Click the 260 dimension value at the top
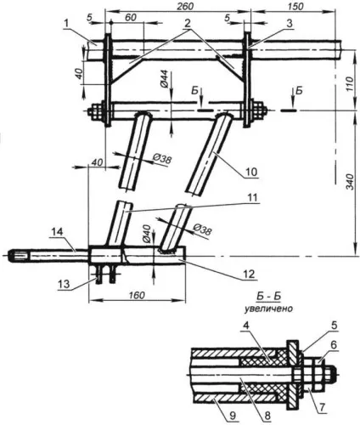[185, 7]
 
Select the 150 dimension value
[296, 7]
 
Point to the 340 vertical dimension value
[350, 182]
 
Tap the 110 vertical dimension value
[350, 83]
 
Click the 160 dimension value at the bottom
[137, 295]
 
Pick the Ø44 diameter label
[166, 78]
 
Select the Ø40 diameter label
[147, 234]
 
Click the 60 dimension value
[131, 17]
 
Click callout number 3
[289, 23]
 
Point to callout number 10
[251, 172]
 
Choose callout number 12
[250, 274]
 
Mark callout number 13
[65, 284]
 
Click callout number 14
[58, 232]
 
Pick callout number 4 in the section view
[246, 326]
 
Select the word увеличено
[268, 309]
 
